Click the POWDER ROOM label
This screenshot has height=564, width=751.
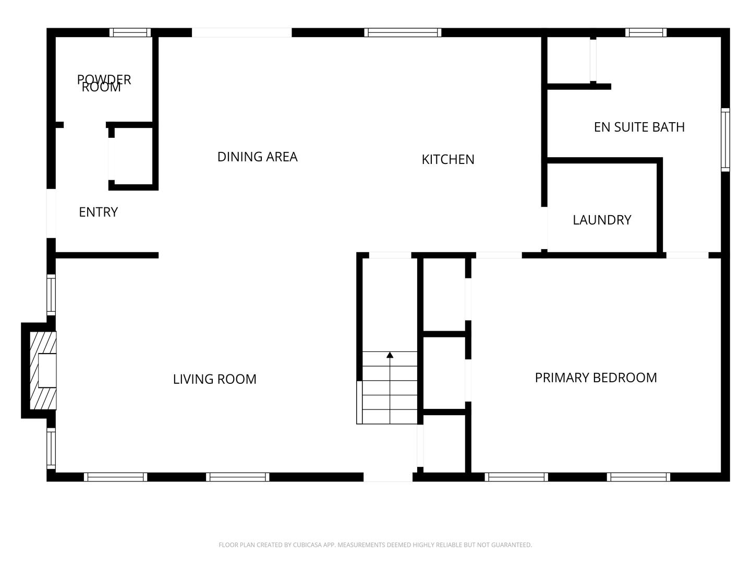point(104,83)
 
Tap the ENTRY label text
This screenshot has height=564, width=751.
point(98,212)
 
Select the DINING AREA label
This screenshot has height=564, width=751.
point(257,157)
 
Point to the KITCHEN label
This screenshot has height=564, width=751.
point(448,159)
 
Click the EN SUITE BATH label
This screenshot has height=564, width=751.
point(639,127)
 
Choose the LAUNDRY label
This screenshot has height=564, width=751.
point(602,220)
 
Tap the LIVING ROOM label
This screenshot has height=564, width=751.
point(214,379)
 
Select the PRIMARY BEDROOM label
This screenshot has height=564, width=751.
point(596,378)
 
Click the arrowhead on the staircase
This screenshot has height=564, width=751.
point(390,356)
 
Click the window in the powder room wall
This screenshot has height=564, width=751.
point(130,32)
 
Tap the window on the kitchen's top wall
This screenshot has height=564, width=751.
point(403,32)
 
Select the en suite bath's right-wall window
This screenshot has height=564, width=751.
point(725,139)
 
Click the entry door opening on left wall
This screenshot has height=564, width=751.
point(51,213)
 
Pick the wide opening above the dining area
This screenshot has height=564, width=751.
point(241,32)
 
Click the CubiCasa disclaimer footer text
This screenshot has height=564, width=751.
point(375,545)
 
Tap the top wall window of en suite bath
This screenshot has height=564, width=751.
point(646,32)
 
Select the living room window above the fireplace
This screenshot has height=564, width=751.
point(51,295)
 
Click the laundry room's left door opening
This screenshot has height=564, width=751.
point(544,228)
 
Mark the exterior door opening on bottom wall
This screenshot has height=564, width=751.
point(387,477)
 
